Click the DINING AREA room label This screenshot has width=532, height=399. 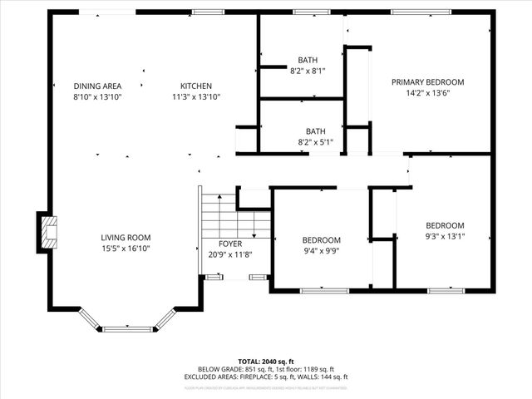[97, 86]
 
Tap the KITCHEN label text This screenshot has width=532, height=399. [196, 86]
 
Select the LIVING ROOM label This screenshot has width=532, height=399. [126, 238]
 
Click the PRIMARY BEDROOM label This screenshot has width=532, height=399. [428, 82]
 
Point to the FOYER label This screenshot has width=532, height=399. [230, 244]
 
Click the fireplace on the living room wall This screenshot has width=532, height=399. [47, 233]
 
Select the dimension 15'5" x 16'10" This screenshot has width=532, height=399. [126, 249]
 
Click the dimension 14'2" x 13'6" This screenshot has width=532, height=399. [428, 93]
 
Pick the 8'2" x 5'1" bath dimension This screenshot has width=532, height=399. [315, 142]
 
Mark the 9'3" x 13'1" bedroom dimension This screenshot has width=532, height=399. [445, 236]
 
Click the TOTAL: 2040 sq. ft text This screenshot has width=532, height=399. [266, 362]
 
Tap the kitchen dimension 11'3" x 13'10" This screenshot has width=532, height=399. [196, 96]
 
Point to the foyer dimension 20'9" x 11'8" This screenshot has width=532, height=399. [230, 254]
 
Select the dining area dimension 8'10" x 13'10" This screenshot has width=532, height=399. [97, 96]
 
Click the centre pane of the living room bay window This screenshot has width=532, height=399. [127, 329]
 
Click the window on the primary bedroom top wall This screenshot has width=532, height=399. [421, 12]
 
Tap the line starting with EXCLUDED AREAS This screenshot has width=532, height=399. [266, 377]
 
